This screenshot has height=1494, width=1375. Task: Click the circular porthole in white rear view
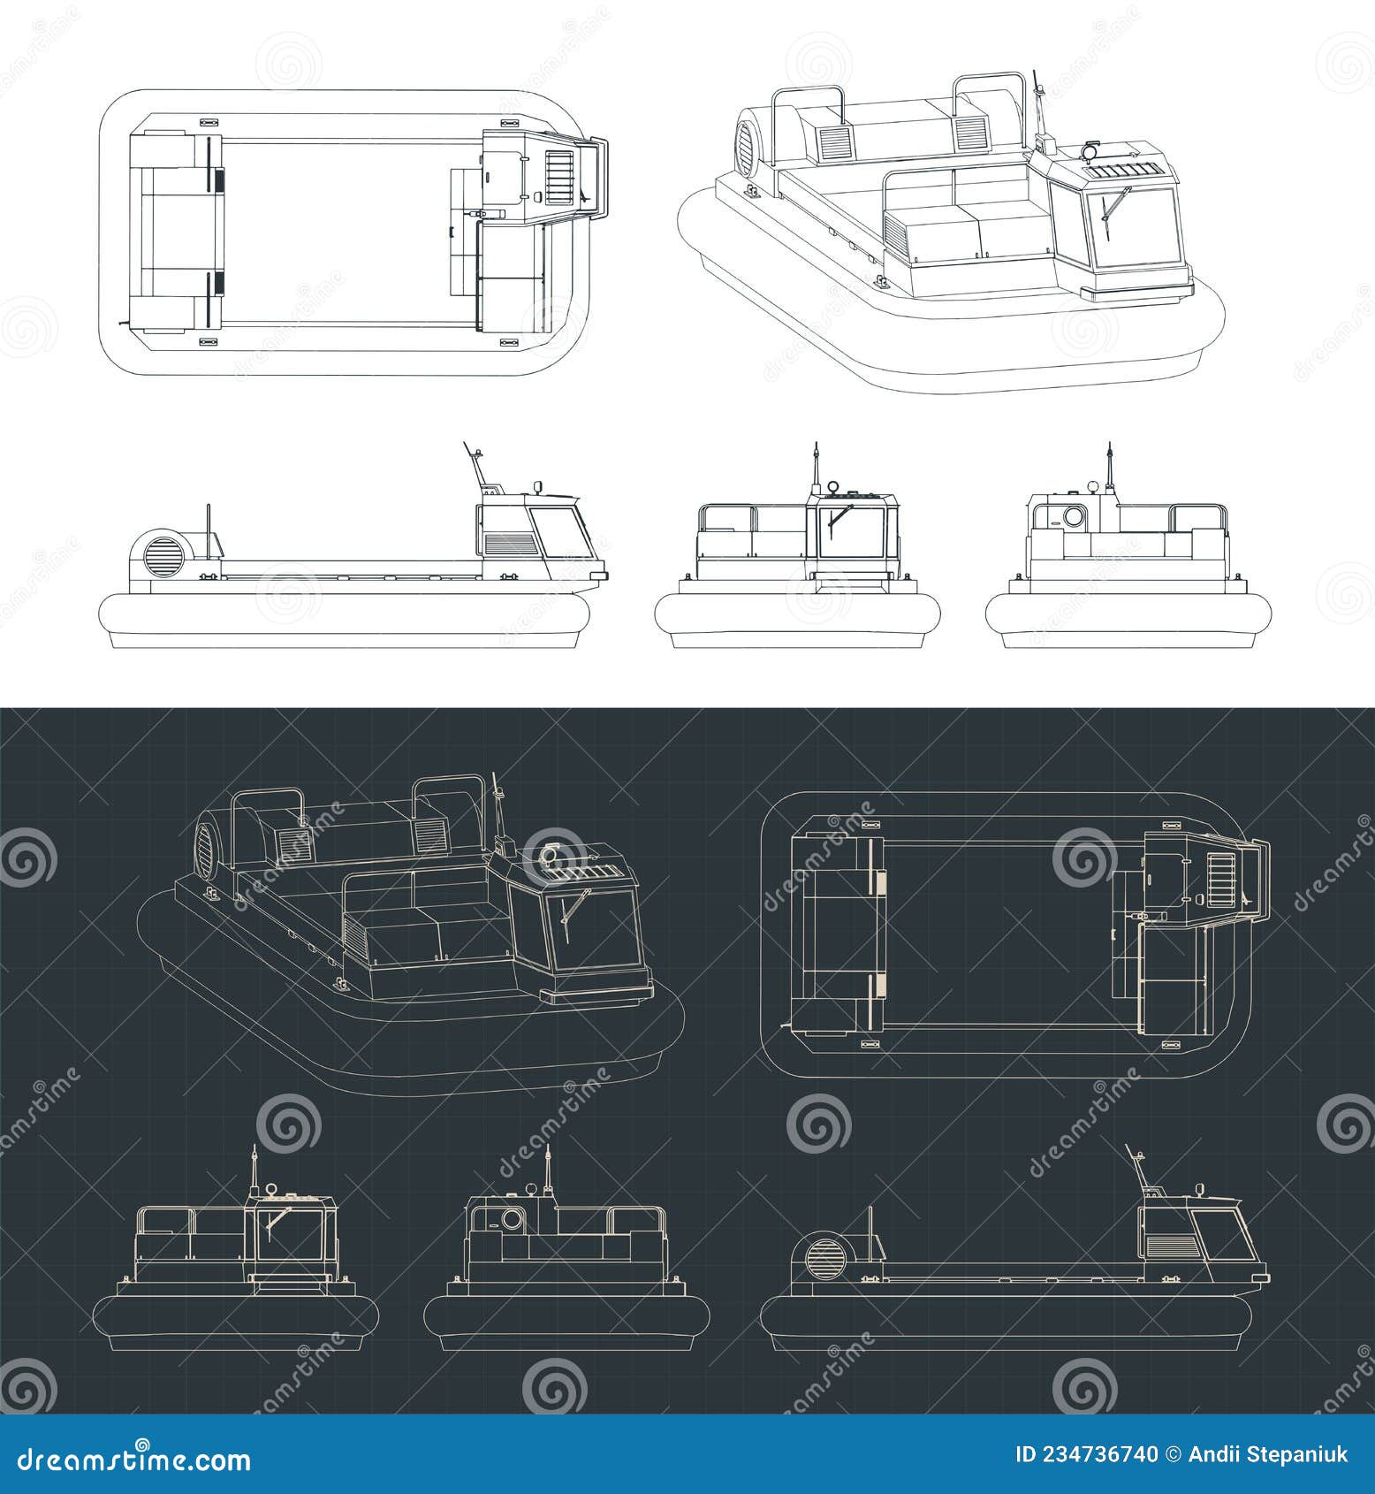pos(1074,516)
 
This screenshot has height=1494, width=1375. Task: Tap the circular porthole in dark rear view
pos(512,1220)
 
